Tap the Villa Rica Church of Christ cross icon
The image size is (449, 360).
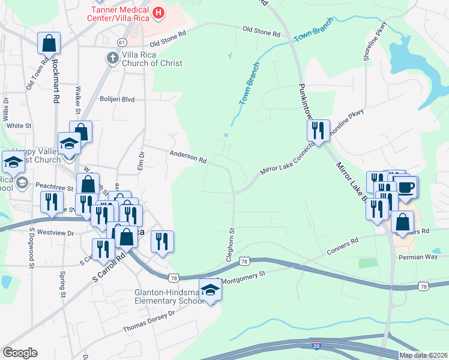pyautogui.click(x=111, y=58)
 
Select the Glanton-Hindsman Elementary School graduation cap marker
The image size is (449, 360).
pyautogui.click(x=210, y=290)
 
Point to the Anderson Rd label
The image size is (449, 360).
pyautogui.click(x=188, y=157)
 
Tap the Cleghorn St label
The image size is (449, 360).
pyautogui.click(x=229, y=242)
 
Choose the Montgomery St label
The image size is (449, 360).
pyautogui.click(x=244, y=277)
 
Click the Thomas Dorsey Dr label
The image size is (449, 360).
pyautogui.click(x=148, y=322)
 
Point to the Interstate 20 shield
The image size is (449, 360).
pyautogui.click(x=316, y=346)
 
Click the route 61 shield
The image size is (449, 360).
pyautogui.click(x=122, y=43)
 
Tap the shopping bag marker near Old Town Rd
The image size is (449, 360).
pyautogui.click(x=49, y=43)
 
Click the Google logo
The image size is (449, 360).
pyautogui.click(x=20, y=352)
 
